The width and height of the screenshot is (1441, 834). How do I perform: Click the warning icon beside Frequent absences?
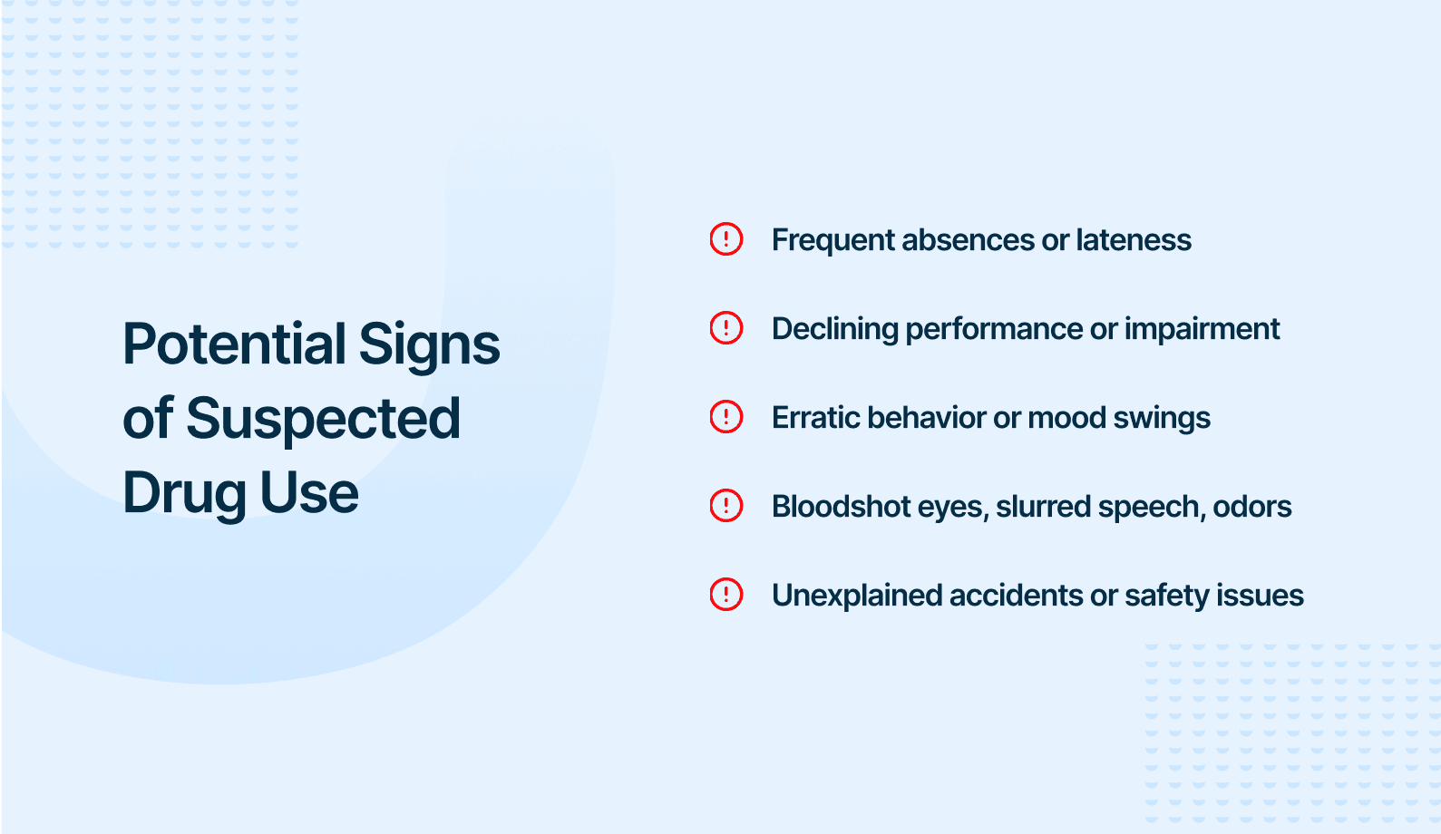pyautogui.click(x=725, y=239)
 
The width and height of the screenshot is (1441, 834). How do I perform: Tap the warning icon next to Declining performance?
pyautogui.click(x=725, y=328)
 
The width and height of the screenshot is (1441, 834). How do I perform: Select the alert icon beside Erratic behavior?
pyautogui.click(x=725, y=417)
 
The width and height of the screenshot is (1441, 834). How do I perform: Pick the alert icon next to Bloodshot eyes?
pyautogui.click(x=725, y=506)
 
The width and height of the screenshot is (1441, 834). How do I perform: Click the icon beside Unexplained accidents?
pyautogui.click(x=725, y=595)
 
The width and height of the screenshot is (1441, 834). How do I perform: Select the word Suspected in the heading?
pyautogui.click(x=323, y=419)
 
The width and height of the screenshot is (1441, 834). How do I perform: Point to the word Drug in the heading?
pyautogui.click(x=184, y=494)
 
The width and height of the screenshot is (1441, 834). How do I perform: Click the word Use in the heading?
pyautogui.click(x=309, y=493)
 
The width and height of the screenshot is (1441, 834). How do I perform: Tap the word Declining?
pyautogui.click(x=834, y=330)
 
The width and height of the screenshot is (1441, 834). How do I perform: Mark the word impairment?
pyautogui.click(x=1202, y=330)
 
